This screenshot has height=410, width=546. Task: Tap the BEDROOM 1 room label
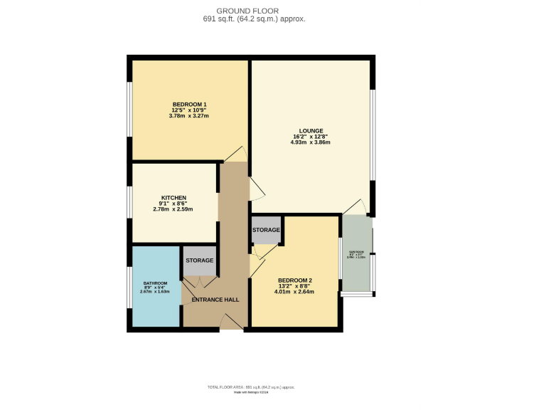189,105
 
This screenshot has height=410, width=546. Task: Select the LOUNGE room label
311,131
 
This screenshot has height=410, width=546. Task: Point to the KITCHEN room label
173,197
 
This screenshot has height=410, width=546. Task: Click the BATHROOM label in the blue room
155,283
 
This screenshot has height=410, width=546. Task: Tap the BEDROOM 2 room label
295,280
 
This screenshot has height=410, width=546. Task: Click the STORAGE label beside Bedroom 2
266,230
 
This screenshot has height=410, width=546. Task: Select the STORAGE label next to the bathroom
200,261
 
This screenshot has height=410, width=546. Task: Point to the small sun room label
355,252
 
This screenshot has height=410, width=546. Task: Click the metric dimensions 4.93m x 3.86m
311,142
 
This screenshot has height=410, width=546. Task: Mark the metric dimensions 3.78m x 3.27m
189,117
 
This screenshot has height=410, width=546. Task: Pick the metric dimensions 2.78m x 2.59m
173,209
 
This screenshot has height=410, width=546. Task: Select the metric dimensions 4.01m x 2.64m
295,291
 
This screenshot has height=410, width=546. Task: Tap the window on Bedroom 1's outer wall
129,109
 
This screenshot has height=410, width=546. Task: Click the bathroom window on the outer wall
129,288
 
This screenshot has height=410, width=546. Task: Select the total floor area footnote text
251,387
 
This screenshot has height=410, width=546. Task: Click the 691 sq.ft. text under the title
254,19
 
